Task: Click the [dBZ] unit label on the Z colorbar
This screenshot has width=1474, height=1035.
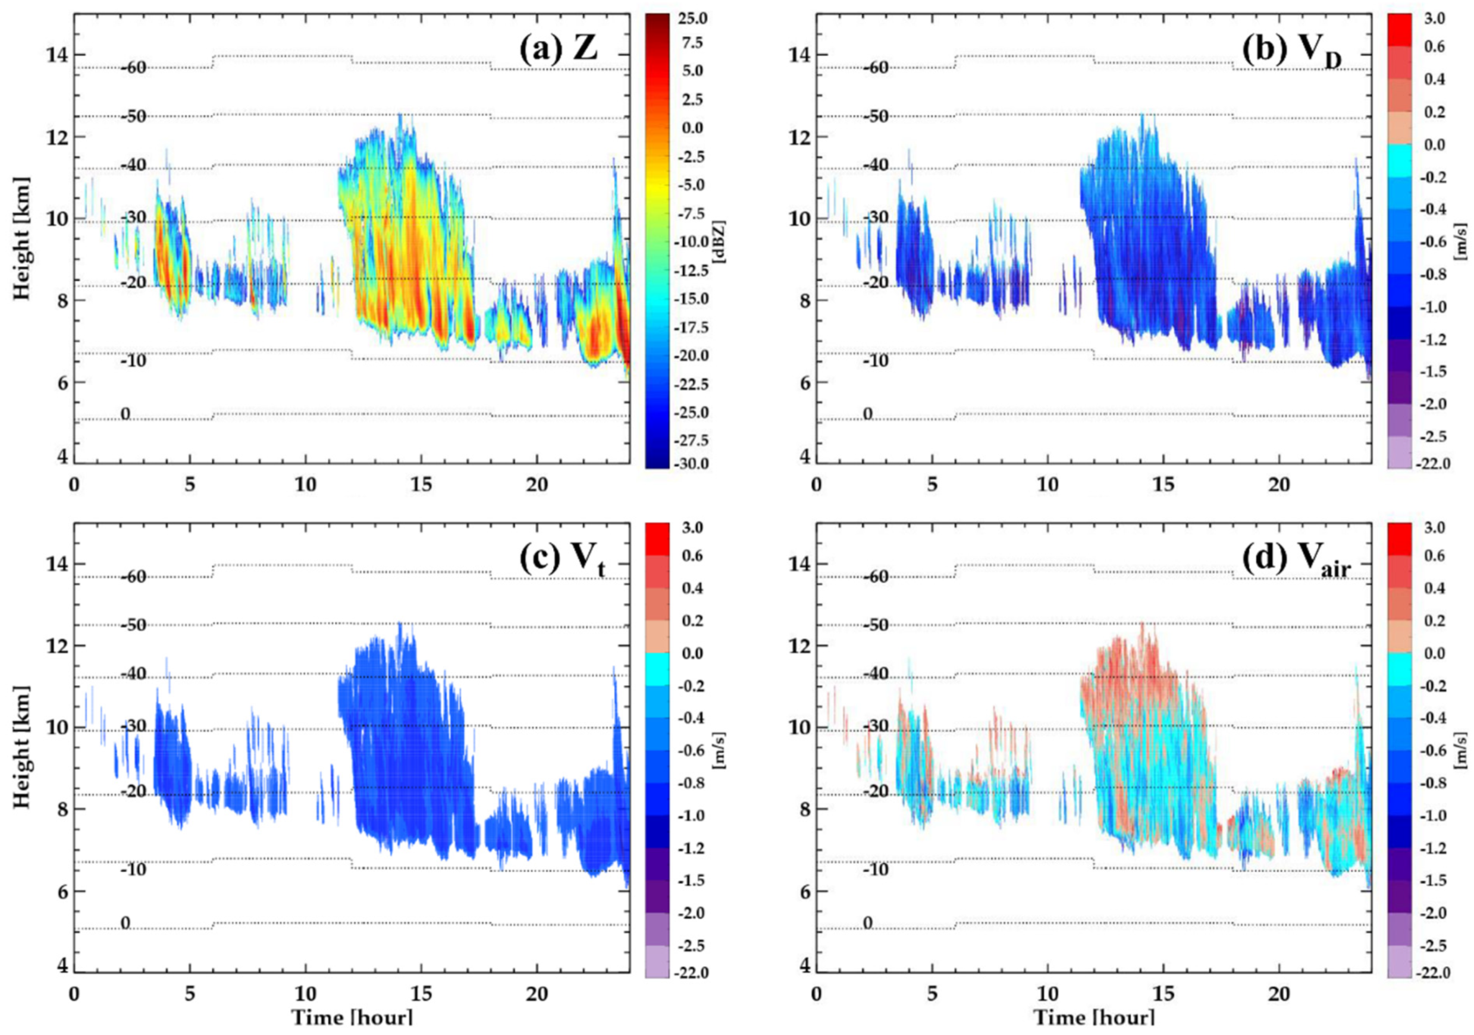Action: (x=722, y=241)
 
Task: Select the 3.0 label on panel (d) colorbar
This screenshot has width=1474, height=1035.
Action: (x=1435, y=527)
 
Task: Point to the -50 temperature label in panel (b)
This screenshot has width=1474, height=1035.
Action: (x=876, y=116)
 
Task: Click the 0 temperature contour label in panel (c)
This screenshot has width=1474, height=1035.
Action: (x=125, y=923)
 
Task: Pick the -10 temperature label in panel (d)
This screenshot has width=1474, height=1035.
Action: (x=876, y=870)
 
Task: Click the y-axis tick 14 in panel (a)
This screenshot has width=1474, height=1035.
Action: (x=57, y=55)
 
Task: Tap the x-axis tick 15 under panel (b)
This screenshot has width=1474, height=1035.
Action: (x=1163, y=485)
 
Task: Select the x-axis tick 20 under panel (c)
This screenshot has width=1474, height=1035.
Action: (x=537, y=994)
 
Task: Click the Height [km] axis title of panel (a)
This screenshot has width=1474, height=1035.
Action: (x=22, y=239)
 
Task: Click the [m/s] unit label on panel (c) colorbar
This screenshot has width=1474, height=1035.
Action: (x=722, y=750)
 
